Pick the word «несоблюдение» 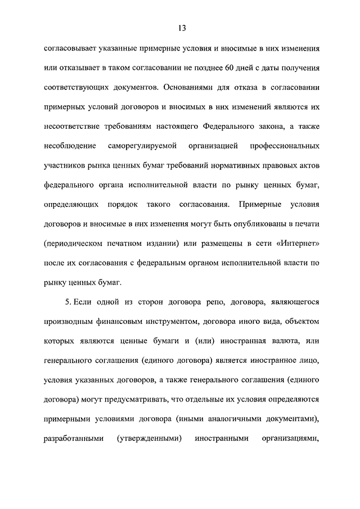[x=69, y=146]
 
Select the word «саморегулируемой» [x=142, y=146]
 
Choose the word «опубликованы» [x=240, y=224]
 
